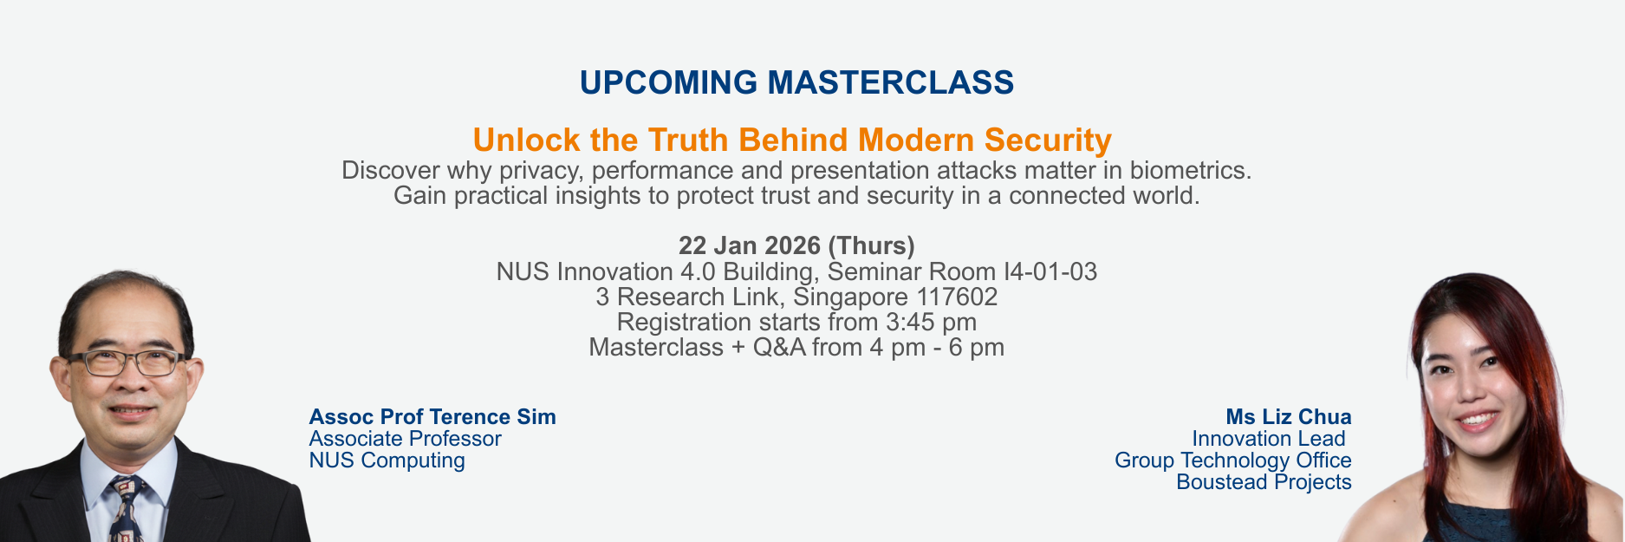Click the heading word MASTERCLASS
point(891,82)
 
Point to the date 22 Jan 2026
point(750,245)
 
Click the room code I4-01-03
point(1050,271)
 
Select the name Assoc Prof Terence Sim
point(432,417)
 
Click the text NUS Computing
point(387,460)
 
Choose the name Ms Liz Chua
point(1289,417)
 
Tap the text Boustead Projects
point(1264,482)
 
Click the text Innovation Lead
point(1269,439)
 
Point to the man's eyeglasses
point(127,362)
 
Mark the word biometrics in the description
point(1191,170)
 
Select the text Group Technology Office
point(1233,460)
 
